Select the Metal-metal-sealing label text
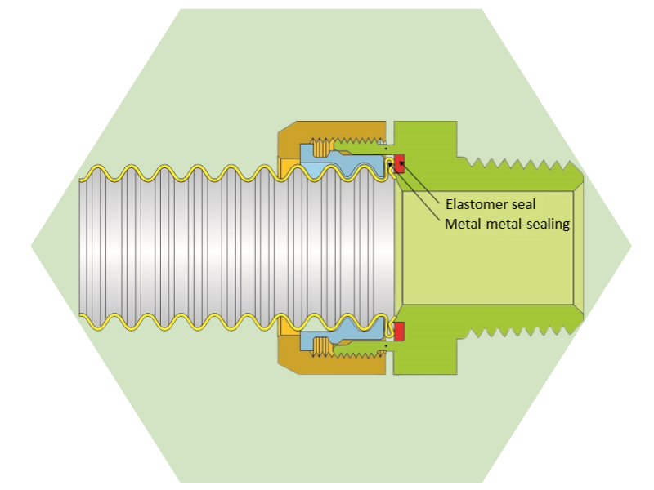click(506, 223)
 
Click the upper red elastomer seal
click(400, 165)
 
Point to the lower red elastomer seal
click(400, 331)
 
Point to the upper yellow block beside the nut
click(289, 167)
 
